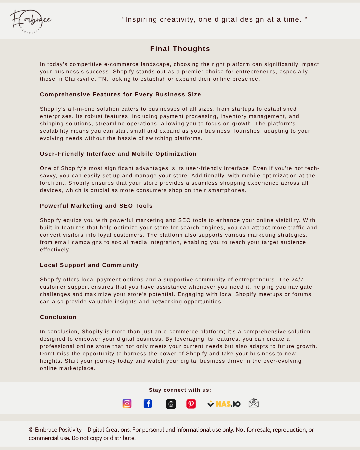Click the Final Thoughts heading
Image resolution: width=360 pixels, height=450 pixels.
180,49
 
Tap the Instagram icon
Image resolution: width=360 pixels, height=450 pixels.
127,404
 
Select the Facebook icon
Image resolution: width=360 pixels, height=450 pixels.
148,404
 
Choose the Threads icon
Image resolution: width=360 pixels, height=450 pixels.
171,404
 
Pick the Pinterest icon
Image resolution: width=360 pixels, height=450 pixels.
191,404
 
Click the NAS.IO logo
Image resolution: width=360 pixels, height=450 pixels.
224,404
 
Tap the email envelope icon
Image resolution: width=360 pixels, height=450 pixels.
254,403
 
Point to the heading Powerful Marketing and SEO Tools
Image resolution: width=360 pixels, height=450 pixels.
96,206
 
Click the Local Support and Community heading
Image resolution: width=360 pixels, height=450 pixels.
89,265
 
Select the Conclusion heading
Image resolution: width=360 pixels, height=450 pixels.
58,317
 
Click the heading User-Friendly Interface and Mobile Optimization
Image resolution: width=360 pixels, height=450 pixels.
118,154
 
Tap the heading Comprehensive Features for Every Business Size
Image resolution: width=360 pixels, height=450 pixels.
120,95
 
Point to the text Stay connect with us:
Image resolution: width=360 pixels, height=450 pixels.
180,390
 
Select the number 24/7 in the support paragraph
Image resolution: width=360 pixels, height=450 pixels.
297,280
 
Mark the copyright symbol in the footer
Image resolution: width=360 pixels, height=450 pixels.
31,430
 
